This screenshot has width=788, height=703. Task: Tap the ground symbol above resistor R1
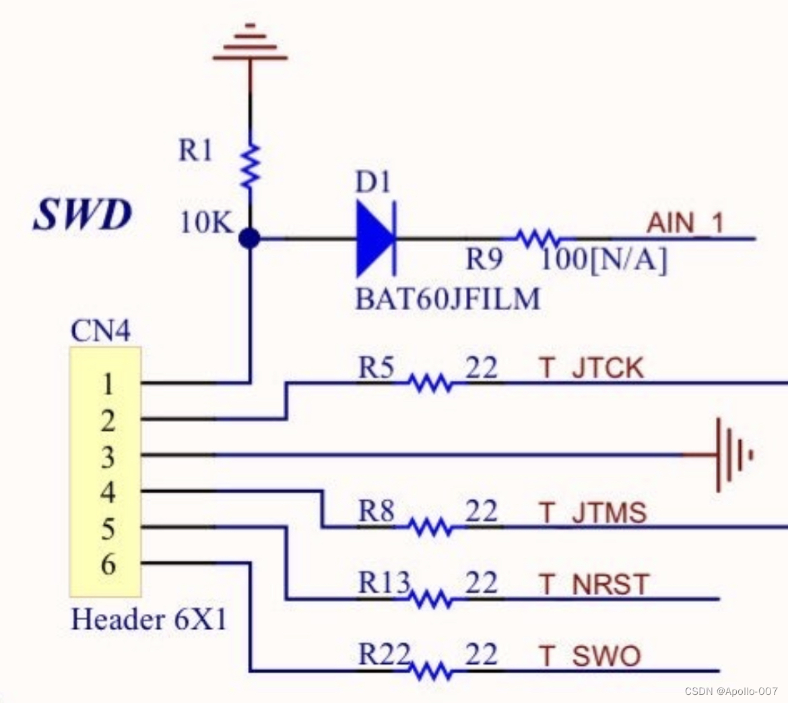tap(250, 43)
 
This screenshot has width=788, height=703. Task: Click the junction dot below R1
tap(250, 239)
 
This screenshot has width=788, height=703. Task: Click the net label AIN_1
tap(684, 223)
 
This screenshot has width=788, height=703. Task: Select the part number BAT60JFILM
tap(448, 299)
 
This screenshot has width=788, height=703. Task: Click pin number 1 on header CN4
tap(108, 384)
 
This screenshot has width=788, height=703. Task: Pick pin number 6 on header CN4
tap(108, 563)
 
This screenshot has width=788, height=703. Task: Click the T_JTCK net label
tap(591, 368)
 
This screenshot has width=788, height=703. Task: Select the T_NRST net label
tap(593, 584)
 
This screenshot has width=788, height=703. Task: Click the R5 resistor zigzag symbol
tap(430, 384)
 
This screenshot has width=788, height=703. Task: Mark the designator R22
tap(384, 654)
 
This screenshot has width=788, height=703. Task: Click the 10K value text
tap(205, 222)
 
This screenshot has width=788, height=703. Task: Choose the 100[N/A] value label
tap(604, 259)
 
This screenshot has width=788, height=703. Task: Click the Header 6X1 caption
tap(149, 619)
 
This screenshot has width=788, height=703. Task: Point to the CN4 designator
tap(100, 332)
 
